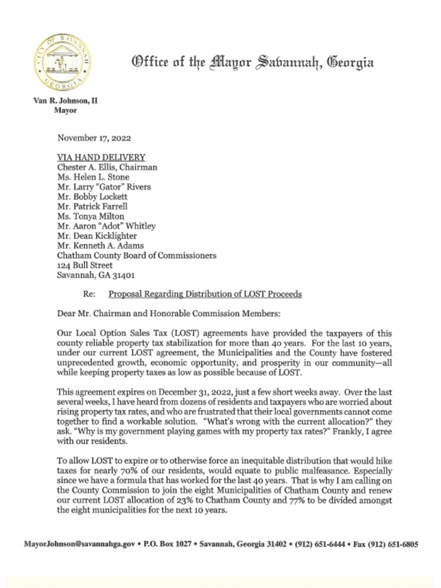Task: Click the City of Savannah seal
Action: [x=62, y=61]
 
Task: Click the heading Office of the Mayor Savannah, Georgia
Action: [x=253, y=61]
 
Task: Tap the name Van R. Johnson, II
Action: [x=65, y=100]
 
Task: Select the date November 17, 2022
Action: [x=94, y=138]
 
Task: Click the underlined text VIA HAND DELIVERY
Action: [x=101, y=157]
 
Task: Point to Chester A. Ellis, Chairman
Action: [x=107, y=167]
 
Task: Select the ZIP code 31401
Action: [x=123, y=275]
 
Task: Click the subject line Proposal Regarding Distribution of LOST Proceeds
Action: [x=205, y=294]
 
